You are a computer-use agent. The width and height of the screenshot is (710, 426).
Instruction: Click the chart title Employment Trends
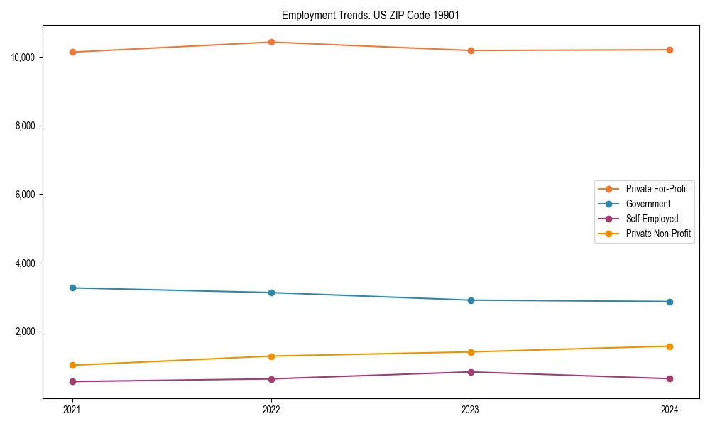click(x=371, y=15)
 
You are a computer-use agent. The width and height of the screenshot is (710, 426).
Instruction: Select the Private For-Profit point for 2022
click(x=271, y=42)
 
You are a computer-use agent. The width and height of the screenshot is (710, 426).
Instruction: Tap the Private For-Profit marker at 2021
click(x=72, y=52)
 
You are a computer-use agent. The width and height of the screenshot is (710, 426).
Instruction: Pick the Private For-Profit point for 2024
click(x=670, y=50)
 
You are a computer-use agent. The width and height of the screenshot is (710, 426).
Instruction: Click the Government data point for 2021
click(x=72, y=288)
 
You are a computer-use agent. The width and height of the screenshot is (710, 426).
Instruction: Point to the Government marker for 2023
click(x=471, y=300)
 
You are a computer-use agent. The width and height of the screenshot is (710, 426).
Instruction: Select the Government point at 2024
click(x=670, y=302)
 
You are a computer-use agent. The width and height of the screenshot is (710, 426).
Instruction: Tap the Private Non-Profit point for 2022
click(x=271, y=356)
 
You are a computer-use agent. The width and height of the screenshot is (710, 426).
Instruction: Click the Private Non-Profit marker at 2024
click(x=670, y=346)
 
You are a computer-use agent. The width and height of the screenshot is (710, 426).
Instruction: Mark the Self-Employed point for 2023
click(x=471, y=372)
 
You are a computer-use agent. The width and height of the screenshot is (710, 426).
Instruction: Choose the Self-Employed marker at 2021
click(x=72, y=381)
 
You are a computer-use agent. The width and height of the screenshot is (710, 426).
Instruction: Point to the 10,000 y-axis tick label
click(x=25, y=57)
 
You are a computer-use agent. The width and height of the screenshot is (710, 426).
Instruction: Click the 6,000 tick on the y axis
click(x=28, y=195)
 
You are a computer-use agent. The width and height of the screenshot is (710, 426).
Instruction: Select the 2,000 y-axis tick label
click(x=28, y=332)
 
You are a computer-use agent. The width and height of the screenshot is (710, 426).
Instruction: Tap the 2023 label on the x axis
click(x=471, y=410)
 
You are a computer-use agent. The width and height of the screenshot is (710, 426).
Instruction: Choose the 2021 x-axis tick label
click(x=72, y=410)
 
